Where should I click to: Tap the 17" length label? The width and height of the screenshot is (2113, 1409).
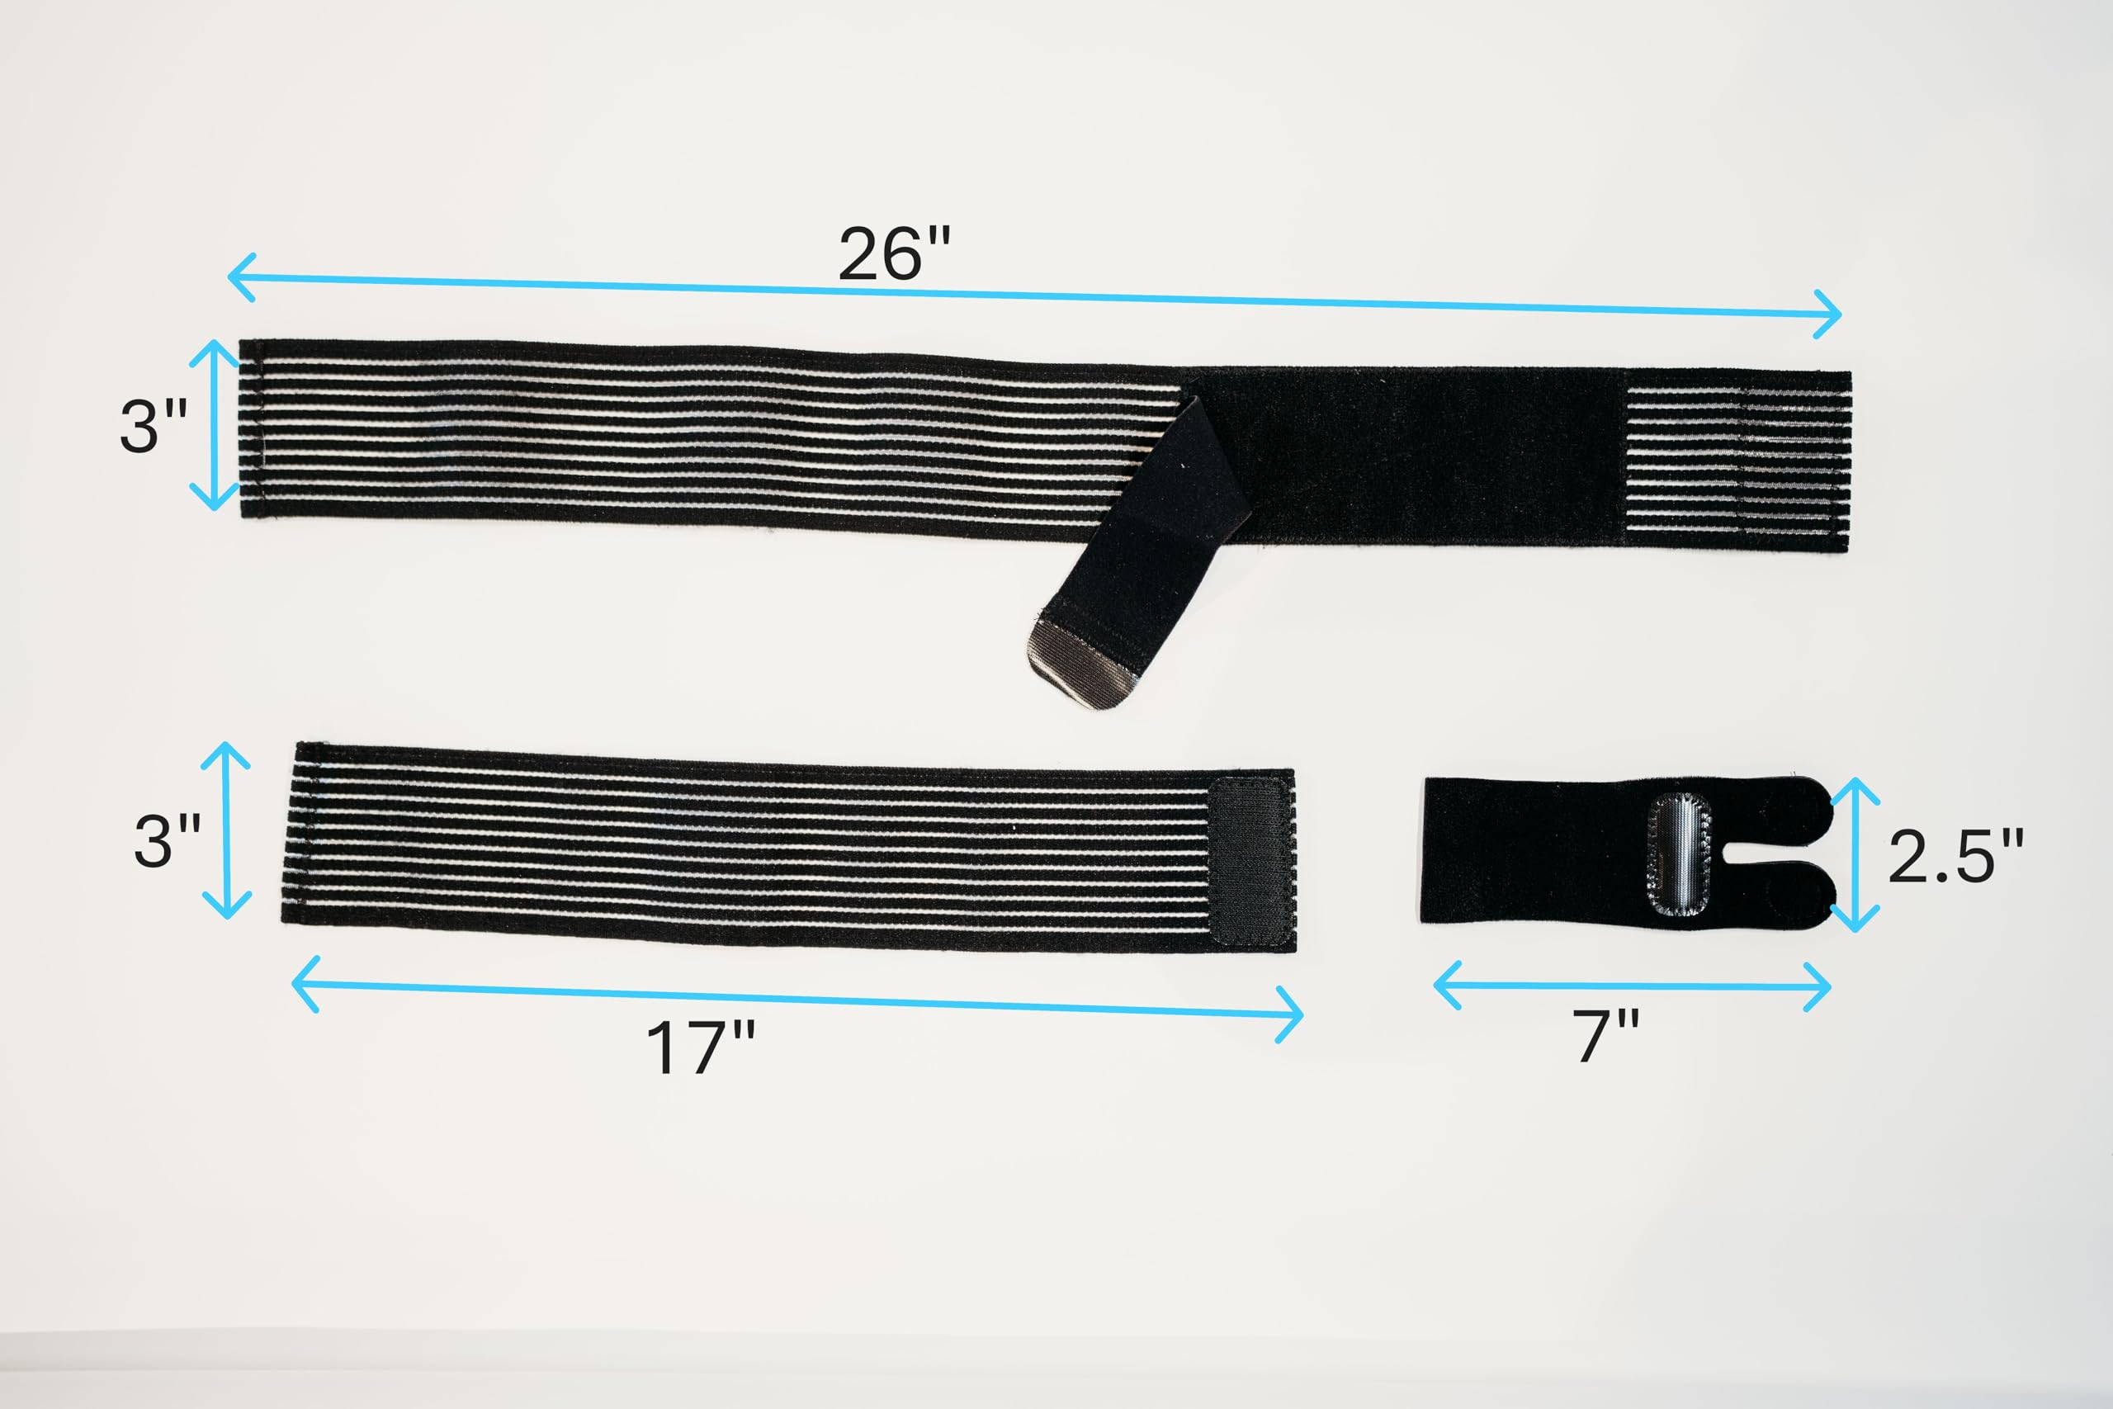701,1047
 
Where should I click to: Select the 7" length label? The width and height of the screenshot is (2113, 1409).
1606,1036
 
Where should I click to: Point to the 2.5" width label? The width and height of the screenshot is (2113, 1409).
1955,855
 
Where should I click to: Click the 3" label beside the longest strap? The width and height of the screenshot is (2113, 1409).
154,425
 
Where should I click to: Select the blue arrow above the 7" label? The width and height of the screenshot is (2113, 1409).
1633,986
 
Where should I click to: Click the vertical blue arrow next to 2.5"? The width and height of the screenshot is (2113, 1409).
1855,854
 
